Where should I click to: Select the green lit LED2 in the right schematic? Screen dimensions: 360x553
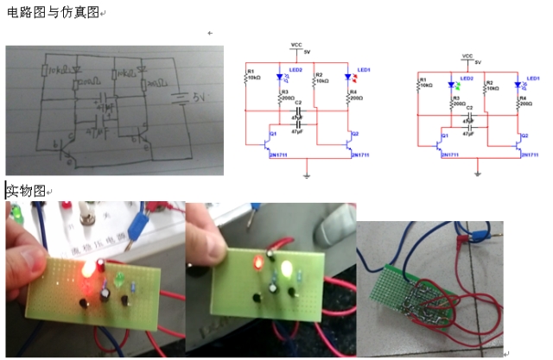tap(452, 85)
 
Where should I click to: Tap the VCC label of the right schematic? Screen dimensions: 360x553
tap(467, 55)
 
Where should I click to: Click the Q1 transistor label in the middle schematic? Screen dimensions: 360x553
tap(271, 133)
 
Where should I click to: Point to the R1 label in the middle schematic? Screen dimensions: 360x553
tap(250, 71)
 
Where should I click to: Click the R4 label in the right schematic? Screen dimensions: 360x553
tap(524, 97)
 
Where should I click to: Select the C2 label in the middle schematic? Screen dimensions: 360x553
tap(297, 102)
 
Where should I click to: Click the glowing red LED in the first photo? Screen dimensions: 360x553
tap(89, 270)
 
